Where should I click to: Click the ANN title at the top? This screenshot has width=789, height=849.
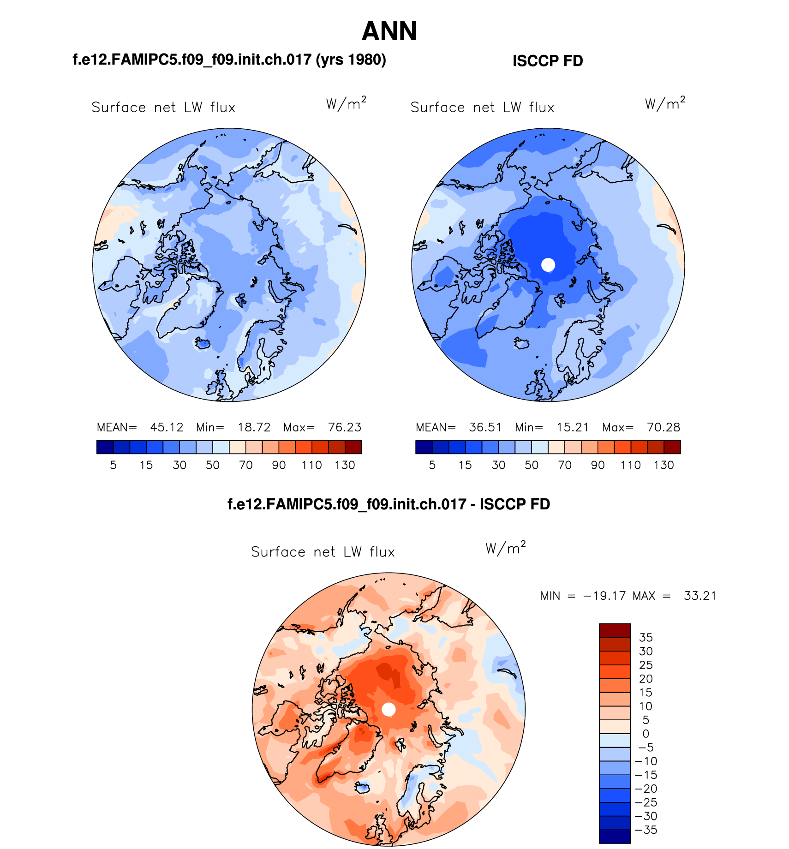(x=389, y=31)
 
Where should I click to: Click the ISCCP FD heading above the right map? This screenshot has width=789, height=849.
(x=548, y=61)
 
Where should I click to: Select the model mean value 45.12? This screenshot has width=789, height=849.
(x=167, y=427)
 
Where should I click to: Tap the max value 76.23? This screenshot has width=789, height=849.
(x=344, y=427)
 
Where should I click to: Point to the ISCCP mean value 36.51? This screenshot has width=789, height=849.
(x=485, y=427)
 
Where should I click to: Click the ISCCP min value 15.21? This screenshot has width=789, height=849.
(x=573, y=427)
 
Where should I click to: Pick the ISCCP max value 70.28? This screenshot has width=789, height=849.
(x=663, y=427)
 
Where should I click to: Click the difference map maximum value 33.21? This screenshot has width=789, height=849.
(x=700, y=596)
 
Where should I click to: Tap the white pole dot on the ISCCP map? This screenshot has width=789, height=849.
(x=548, y=265)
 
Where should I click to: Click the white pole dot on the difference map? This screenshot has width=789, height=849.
(x=389, y=709)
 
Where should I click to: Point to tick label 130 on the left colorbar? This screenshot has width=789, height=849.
(x=345, y=465)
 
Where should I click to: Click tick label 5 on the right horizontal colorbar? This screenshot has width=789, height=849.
(x=432, y=465)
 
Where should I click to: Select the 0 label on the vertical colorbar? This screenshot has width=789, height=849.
(x=646, y=734)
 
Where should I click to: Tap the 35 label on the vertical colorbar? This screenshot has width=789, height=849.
(x=646, y=638)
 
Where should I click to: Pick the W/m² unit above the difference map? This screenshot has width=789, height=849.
(x=506, y=548)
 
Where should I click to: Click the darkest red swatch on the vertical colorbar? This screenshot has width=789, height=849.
(x=615, y=630)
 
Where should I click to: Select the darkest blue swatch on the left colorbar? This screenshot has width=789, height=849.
(x=105, y=447)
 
